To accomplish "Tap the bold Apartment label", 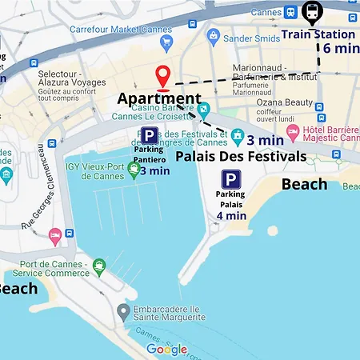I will (159, 99).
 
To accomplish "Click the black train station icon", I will (312, 13).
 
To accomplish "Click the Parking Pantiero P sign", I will (149, 136).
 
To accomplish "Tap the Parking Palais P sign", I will (231, 180).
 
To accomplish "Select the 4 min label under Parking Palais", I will (230, 214).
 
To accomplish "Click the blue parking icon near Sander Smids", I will (213, 36).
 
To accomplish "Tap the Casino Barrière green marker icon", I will (205, 109).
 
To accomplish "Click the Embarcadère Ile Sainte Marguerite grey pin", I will (122, 310).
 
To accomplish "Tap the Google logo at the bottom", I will (166, 349).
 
